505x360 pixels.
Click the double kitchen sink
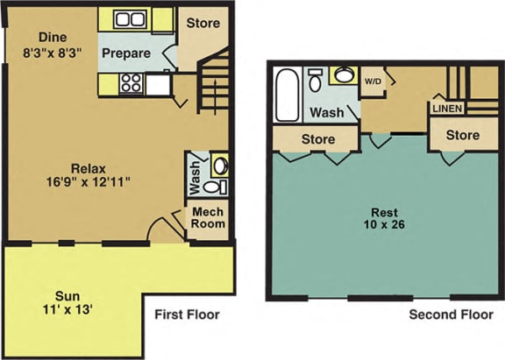pos(130,19)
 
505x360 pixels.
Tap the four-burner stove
pos(132,83)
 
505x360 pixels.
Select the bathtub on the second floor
pos(288,95)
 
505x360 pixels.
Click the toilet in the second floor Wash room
pos(315,80)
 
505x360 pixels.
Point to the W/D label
pos(373,81)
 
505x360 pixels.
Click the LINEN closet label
pos(447,109)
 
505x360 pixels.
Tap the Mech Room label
pos(208,218)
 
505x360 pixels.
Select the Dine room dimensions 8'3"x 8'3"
pos(52,53)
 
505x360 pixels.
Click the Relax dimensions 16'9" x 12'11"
pos(89,182)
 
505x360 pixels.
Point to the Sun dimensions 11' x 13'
pos(68,309)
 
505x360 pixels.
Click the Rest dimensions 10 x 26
pos(384,224)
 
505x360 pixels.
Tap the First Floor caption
pos(187,314)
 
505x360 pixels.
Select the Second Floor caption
pos(451,314)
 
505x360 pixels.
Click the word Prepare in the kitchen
pos(126,53)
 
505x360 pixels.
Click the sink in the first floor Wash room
pos(220,166)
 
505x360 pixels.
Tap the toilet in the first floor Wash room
pos(215,187)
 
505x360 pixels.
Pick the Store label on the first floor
pos(203,23)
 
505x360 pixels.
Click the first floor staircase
pos(213,82)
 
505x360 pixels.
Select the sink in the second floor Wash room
pos(344,75)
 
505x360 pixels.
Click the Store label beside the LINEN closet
pos(463,135)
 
